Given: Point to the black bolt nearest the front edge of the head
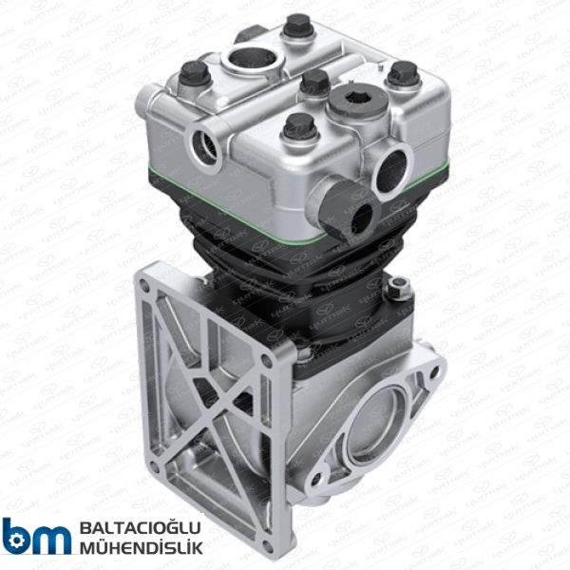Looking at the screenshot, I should tap(299, 124).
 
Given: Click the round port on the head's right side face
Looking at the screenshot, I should tap(391, 170).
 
